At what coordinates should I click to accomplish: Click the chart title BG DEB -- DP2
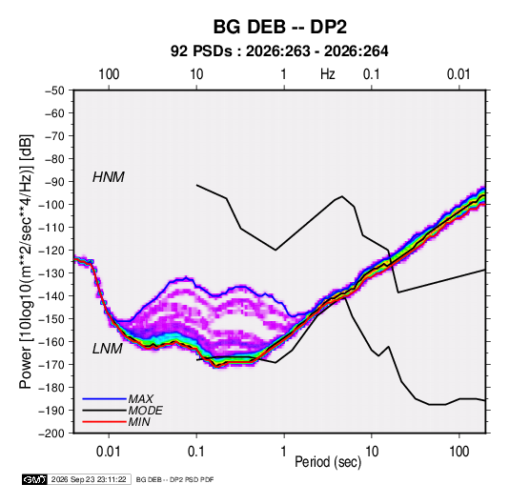click(279, 27)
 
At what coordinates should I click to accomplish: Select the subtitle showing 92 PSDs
click(279, 51)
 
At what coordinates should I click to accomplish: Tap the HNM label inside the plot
click(109, 177)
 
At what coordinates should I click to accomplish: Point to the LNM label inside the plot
click(108, 349)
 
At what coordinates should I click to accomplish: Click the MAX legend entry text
click(140, 399)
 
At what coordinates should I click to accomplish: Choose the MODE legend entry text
click(145, 411)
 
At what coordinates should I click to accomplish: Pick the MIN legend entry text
click(139, 422)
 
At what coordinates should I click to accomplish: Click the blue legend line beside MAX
click(105, 399)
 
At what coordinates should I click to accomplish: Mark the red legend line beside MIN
click(105, 422)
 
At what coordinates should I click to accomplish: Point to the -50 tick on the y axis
click(54, 91)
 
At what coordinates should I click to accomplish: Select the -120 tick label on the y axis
click(51, 251)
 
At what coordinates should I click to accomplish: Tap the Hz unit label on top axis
click(328, 74)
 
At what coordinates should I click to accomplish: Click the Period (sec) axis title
click(328, 462)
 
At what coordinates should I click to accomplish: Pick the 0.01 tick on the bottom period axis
click(109, 452)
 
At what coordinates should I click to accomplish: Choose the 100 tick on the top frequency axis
click(109, 74)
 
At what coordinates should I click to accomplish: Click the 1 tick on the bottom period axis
click(284, 452)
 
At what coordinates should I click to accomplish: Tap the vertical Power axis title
click(26, 261)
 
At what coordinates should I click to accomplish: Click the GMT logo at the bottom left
click(34, 479)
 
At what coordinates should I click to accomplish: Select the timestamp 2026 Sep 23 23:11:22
click(89, 479)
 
